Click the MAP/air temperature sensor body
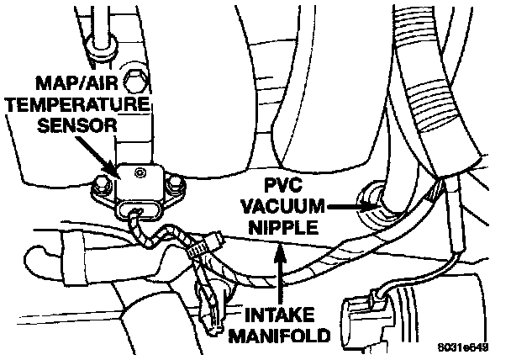[x=140, y=181]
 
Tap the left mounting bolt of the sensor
[x=102, y=183]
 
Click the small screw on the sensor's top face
[x=141, y=172]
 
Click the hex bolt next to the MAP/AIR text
[x=133, y=82]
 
